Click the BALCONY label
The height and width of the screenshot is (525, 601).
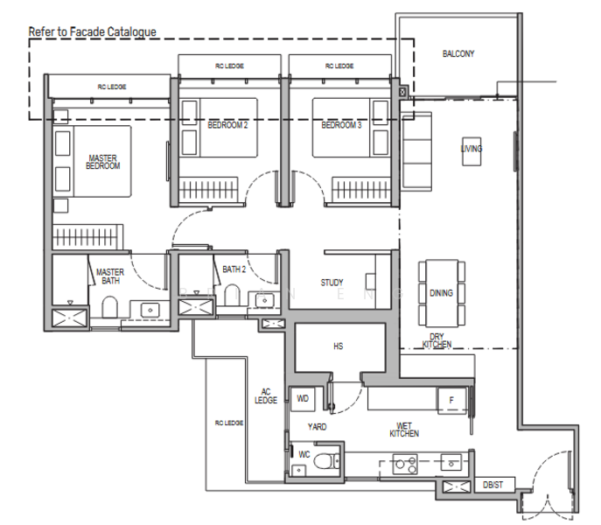coord(458,53)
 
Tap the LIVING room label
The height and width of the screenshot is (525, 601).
coord(472,149)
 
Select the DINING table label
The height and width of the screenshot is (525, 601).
coord(441,293)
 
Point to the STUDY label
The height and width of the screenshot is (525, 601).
coord(332,283)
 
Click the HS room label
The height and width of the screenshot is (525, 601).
coord(338,346)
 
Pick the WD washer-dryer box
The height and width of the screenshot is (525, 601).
coord(303,398)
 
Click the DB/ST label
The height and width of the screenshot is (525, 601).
coord(494,484)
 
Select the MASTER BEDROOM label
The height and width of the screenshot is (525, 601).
coord(102,162)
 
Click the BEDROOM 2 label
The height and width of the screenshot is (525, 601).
coord(227,125)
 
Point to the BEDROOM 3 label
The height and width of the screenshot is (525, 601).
coord(341,125)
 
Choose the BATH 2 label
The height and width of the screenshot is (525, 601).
coord(234,269)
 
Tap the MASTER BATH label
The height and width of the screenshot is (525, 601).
coord(110,276)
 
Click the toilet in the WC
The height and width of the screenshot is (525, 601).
coord(326,461)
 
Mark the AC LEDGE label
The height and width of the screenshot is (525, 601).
coord(266,395)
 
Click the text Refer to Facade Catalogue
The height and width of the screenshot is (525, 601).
coord(92,31)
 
